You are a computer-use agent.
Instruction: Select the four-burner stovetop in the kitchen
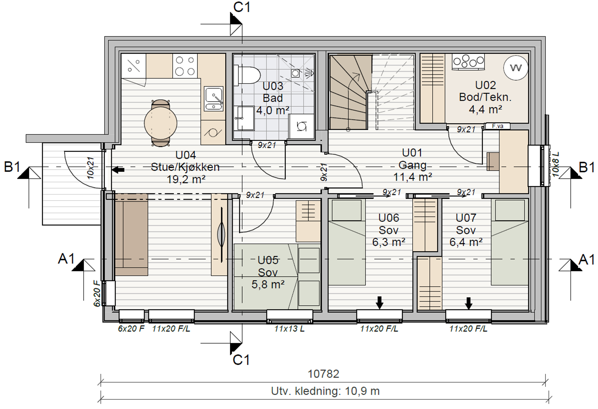point(185,66)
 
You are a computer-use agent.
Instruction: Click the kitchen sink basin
point(214,99)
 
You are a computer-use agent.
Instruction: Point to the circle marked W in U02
point(516,68)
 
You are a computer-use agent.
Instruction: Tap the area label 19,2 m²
point(186,179)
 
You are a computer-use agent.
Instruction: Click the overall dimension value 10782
point(323,374)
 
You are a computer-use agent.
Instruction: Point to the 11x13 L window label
point(290,329)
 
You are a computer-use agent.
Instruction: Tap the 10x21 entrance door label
point(91,168)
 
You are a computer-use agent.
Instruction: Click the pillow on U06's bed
point(347,210)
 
